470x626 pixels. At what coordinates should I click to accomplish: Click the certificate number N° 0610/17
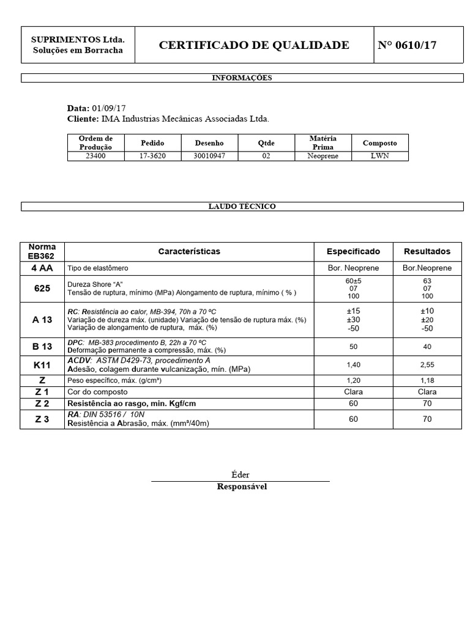[407, 45]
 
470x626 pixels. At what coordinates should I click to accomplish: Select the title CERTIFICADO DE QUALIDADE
[254, 45]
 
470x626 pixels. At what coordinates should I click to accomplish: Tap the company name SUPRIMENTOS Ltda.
[78, 39]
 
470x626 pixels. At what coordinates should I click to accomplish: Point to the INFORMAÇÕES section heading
[242, 78]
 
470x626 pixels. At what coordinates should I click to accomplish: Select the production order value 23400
[95, 156]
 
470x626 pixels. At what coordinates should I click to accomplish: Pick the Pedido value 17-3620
[152, 156]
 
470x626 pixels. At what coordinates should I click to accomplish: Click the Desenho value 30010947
[209, 156]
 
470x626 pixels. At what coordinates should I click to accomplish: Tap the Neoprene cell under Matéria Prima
[323, 156]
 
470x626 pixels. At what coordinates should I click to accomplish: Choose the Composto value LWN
[379, 156]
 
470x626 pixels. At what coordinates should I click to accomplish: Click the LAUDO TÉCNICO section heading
[242, 207]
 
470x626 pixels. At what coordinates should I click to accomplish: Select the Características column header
[189, 251]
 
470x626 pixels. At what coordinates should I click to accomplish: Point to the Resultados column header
[427, 251]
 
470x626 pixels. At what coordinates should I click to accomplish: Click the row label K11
[42, 365]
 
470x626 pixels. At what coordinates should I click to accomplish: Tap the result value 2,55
[427, 365]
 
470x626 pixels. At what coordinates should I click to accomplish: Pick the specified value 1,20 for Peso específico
[353, 380]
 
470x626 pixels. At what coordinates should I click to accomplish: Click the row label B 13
[42, 347]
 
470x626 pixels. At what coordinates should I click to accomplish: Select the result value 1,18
[427, 380]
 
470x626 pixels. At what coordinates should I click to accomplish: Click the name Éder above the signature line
[241, 475]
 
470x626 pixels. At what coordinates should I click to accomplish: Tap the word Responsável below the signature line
[242, 487]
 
